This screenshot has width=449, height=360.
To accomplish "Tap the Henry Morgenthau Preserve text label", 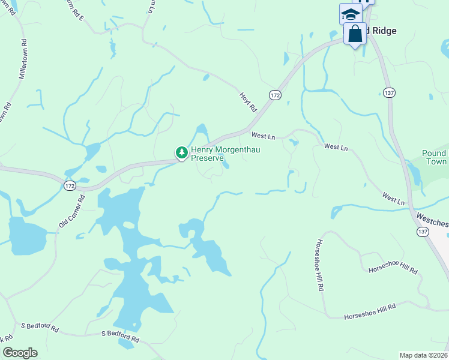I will pyautogui.click(x=225, y=154).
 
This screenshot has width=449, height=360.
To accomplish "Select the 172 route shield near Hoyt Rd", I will pyautogui.click(x=275, y=95).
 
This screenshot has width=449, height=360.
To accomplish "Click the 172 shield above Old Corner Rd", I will pyautogui.click(x=70, y=187).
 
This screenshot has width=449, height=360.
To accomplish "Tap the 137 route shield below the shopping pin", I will pyautogui.click(x=388, y=92).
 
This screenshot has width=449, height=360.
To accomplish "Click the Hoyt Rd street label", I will pyautogui.click(x=247, y=103).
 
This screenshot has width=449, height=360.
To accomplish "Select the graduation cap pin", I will pyautogui.click(x=350, y=14).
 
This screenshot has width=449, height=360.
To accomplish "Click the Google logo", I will pyautogui.click(x=19, y=353).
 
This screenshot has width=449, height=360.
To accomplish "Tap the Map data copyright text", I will pyautogui.click(x=424, y=355).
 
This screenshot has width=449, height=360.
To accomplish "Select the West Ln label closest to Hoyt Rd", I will pyautogui.click(x=263, y=137).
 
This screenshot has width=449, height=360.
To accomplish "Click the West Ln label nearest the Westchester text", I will pyautogui.click(x=393, y=199).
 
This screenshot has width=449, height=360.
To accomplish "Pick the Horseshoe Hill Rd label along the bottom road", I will pyautogui.click(x=370, y=311).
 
